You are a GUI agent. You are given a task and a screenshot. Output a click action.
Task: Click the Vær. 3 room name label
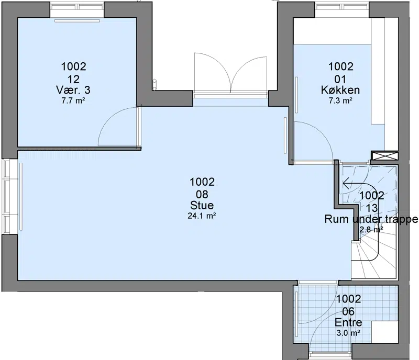click(x=73, y=90)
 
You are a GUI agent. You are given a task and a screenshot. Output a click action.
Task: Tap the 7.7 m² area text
click(x=73, y=100)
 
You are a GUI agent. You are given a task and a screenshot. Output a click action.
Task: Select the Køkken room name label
click(x=340, y=90)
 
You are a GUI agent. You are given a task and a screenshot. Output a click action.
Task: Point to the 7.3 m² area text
click(x=340, y=100)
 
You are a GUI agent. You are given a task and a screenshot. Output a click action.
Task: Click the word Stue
click(x=202, y=205)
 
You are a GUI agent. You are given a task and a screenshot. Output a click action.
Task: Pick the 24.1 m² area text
click(x=202, y=216)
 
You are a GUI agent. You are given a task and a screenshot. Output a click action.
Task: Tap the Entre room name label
click(x=348, y=322)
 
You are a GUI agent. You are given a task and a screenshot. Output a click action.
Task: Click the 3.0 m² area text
click(x=348, y=333)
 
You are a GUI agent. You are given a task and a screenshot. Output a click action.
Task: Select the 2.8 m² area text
click(x=371, y=229)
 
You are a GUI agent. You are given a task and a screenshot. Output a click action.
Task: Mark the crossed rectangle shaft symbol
click(x=384, y=156)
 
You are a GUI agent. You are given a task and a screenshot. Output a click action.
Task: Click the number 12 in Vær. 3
click(x=73, y=79)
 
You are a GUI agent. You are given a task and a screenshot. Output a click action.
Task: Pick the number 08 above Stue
click(x=202, y=194)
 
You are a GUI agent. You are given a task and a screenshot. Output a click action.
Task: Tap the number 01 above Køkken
click(x=340, y=79)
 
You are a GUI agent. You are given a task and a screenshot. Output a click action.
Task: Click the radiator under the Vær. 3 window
click(x=77, y=20)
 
